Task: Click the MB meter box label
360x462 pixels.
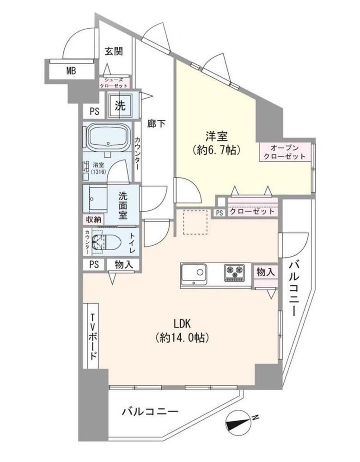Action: [71, 71]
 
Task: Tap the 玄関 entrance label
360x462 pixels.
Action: [114, 51]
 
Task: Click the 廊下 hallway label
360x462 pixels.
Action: [156, 124]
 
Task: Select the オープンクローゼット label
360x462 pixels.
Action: [284, 152]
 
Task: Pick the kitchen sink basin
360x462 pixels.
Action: [194, 273]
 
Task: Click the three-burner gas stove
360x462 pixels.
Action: [235, 272]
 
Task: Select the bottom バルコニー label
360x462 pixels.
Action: [150, 411]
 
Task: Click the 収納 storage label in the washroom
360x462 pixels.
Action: [94, 219]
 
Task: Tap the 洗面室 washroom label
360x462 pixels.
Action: [123, 205]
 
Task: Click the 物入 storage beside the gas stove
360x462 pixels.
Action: [266, 271]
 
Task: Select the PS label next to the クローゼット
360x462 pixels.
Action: [220, 213]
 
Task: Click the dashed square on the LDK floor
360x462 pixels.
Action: [196, 222]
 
